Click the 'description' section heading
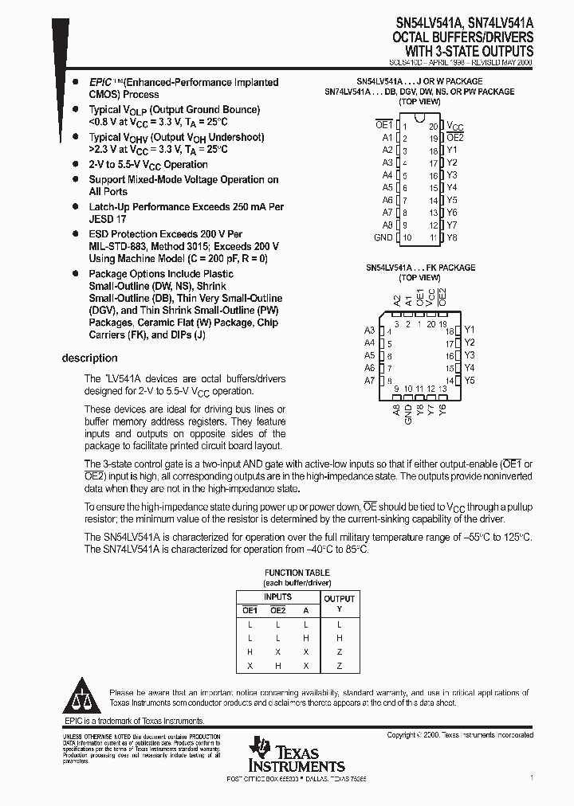pos(89,358)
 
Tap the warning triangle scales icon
pos(82,698)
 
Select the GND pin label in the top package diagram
pos(383,238)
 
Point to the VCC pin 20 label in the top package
pos(454,126)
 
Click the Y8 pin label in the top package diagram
pos(452,238)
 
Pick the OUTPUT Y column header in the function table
pos(339,604)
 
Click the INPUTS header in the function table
pos(277,597)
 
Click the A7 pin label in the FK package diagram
pos(369,381)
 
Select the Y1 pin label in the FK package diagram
pos(470,330)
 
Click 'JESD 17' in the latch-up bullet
pos(108,218)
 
